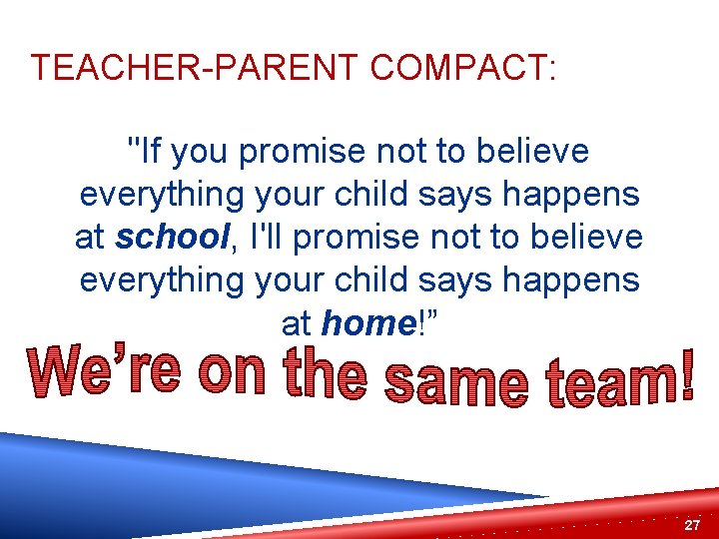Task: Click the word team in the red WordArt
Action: point(609,380)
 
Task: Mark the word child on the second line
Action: point(377,195)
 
